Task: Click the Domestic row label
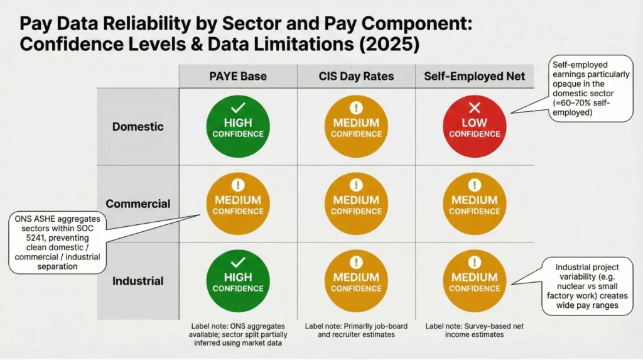(x=138, y=126)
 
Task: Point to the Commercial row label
(x=138, y=204)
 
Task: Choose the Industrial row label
(x=138, y=281)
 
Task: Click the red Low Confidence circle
(x=475, y=127)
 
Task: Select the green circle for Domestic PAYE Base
(x=237, y=127)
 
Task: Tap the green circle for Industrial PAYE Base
(x=237, y=281)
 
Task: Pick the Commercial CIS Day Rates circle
(x=356, y=204)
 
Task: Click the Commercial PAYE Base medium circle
(x=237, y=204)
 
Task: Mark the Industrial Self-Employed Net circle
(x=475, y=281)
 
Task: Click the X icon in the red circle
(x=475, y=108)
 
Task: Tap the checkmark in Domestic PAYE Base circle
(x=237, y=108)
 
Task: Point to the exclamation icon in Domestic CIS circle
(x=356, y=108)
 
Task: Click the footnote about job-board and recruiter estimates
(x=355, y=330)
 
